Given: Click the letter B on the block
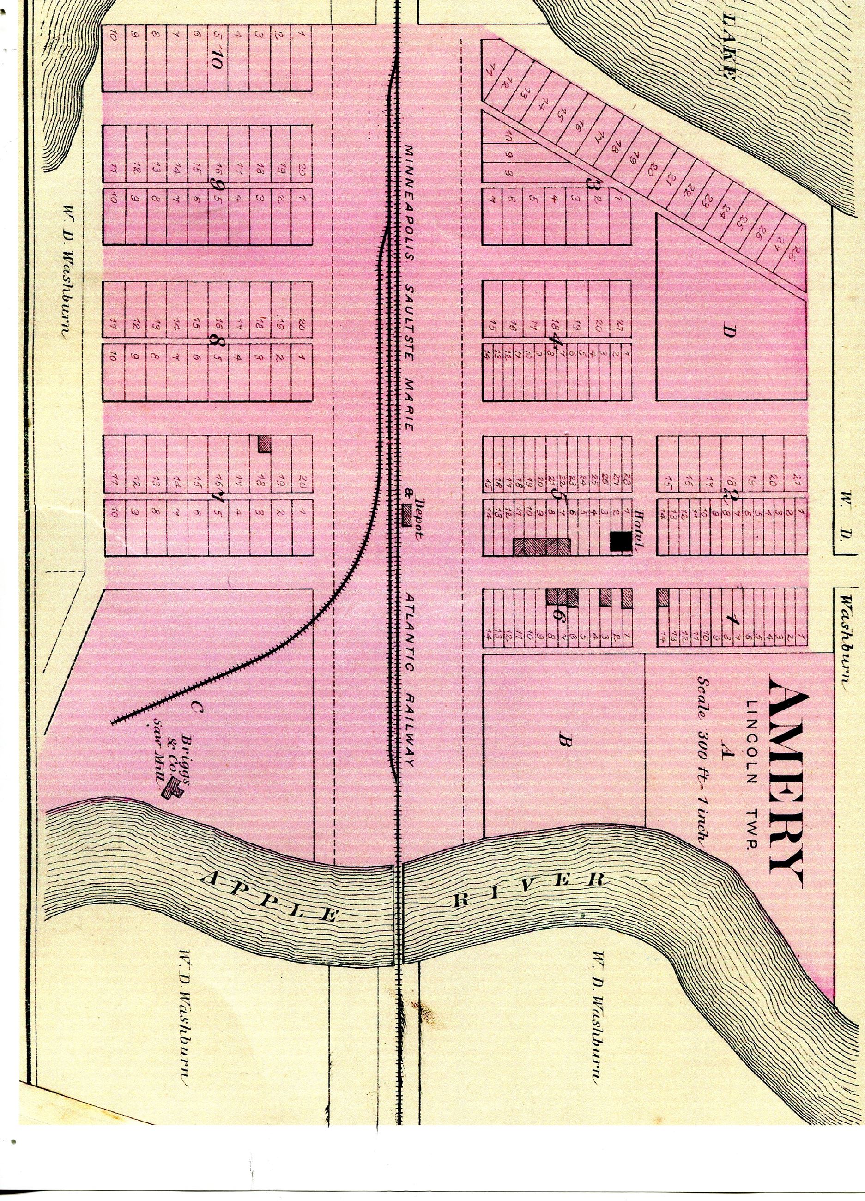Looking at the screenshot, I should [x=563, y=744].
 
